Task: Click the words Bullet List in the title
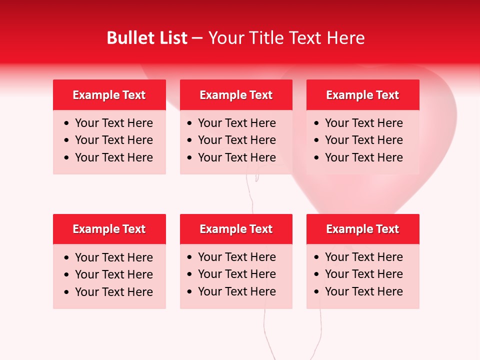tap(147, 38)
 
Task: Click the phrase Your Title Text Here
tap(286, 38)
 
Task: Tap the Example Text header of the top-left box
tap(109, 95)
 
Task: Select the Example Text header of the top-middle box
tap(236, 95)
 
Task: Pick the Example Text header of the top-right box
tap(362, 95)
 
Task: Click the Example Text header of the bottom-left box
tap(109, 229)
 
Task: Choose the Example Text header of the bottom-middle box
tap(236, 229)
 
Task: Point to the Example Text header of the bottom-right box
tap(362, 229)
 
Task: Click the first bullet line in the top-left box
tap(114, 123)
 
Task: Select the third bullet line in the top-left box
tap(114, 157)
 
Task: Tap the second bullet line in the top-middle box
tap(237, 140)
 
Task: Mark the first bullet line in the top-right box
tap(364, 123)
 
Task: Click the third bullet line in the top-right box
tap(364, 157)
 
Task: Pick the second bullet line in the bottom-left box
tap(114, 274)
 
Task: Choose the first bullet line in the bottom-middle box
tap(237, 257)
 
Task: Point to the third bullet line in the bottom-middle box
tap(237, 291)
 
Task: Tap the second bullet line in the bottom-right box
tap(364, 274)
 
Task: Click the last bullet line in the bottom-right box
tap(364, 291)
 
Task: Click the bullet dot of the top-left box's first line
tap(67, 123)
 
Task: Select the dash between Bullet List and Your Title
tap(197, 38)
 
